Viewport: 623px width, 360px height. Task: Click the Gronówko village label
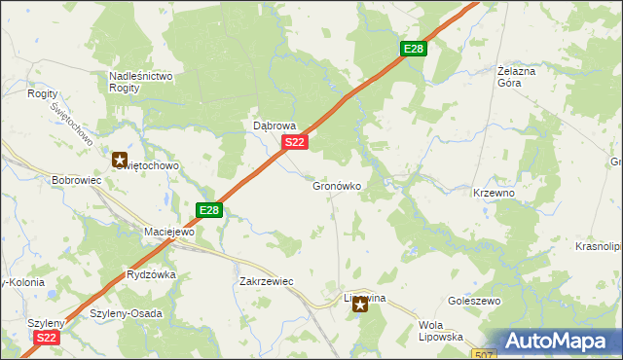click(337, 186)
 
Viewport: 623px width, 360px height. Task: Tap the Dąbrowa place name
click(274, 126)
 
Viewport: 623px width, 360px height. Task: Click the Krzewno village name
click(494, 193)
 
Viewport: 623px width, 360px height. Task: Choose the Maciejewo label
click(169, 233)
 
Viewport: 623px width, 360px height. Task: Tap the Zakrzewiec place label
click(266, 281)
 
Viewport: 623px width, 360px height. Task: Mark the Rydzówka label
click(151, 275)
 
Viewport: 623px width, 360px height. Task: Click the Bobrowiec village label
click(77, 181)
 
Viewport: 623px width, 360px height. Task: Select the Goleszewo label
click(474, 302)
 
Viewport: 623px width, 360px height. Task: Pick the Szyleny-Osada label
click(126, 313)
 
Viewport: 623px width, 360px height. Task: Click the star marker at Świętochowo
click(120, 159)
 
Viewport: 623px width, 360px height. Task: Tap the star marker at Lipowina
click(360, 306)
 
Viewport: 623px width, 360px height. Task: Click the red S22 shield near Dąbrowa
click(296, 143)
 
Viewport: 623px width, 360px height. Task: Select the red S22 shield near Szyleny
click(46, 338)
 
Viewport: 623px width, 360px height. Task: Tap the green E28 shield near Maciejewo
click(209, 209)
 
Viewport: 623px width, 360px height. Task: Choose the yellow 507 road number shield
click(488, 354)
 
